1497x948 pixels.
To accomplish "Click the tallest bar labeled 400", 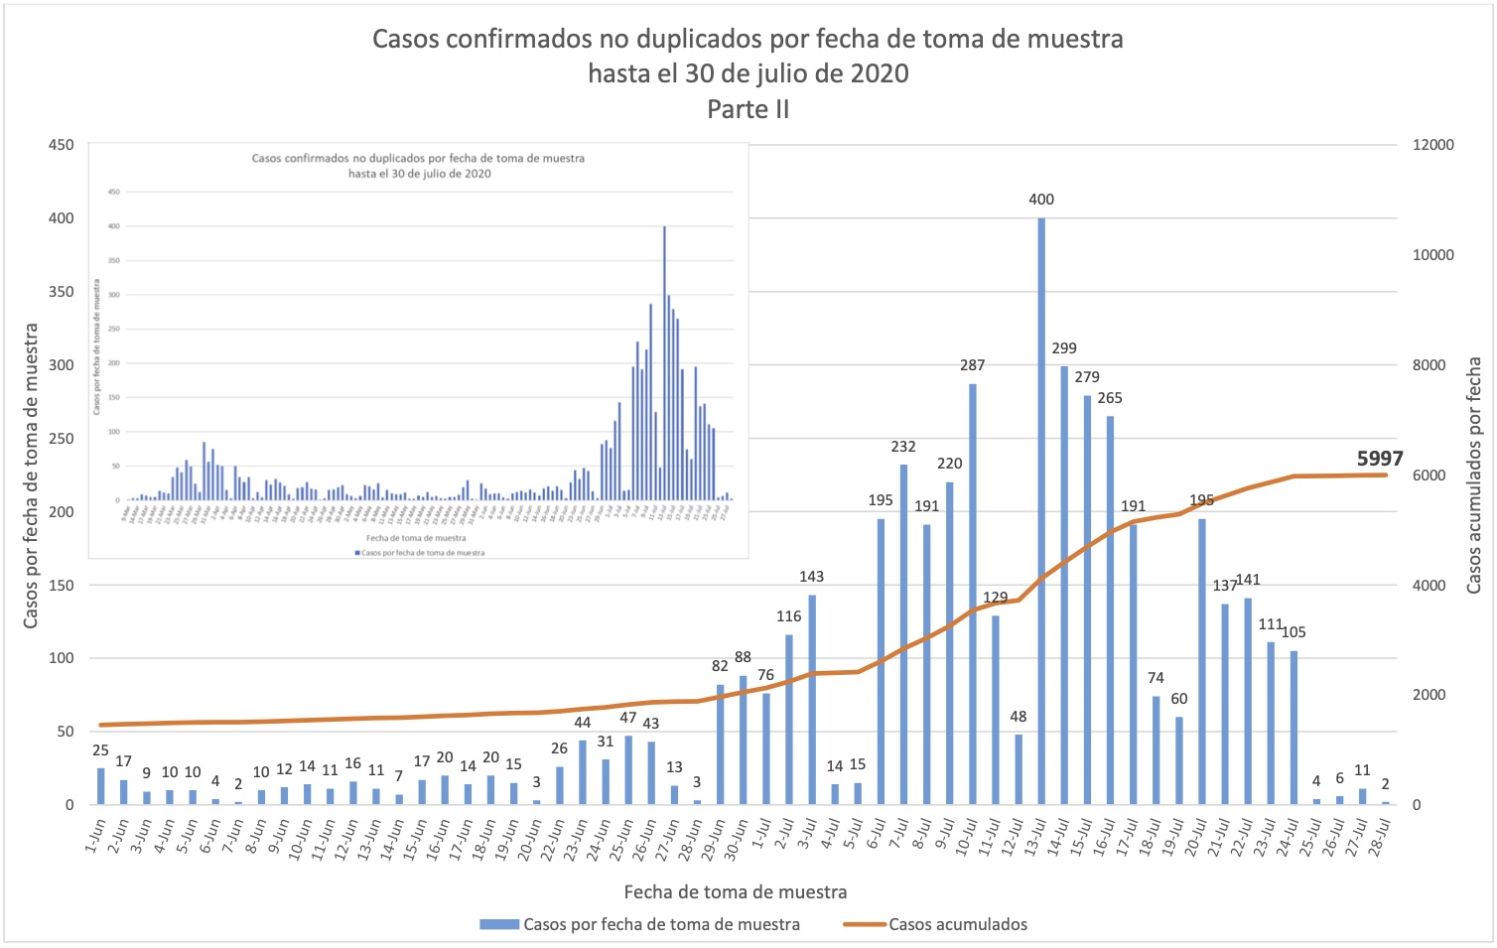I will tap(1041, 511).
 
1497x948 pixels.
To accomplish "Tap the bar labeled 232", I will tap(903, 634).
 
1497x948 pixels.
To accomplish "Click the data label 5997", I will tap(1380, 458).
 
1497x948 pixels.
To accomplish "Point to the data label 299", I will tap(1064, 348).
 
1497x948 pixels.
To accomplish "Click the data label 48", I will tap(1019, 717).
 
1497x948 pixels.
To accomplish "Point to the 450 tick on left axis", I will tap(62, 145).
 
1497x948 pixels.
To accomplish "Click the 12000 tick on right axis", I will tap(1433, 145).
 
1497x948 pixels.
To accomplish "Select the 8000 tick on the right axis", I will tap(1429, 365).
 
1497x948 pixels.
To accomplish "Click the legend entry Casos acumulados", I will tap(957, 924).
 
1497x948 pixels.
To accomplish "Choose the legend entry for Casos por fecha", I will tap(660, 924).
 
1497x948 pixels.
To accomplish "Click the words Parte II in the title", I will tap(748, 109).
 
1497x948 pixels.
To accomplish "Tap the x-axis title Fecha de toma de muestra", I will tap(736, 891).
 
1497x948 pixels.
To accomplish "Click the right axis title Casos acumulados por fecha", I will tap(1474, 474).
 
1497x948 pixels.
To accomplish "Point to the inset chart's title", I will tap(418, 165).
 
